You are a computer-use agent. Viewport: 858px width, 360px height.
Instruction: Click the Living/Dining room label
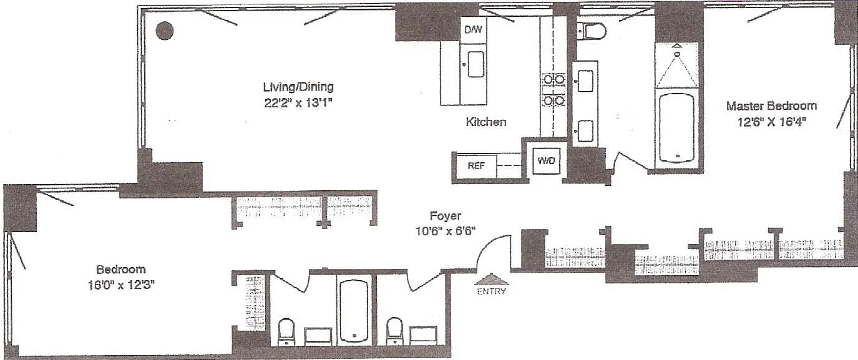(x=298, y=87)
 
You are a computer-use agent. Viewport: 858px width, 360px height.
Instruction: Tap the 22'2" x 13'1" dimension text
(x=298, y=103)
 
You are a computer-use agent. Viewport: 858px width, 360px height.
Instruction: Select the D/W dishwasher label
(x=473, y=29)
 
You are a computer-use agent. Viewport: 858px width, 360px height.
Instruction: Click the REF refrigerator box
(x=477, y=166)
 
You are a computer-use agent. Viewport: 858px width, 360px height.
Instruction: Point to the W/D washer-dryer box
(x=546, y=160)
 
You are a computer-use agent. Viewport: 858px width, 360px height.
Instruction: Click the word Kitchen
(x=485, y=122)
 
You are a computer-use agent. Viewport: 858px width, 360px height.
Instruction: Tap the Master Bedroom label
(x=771, y=105)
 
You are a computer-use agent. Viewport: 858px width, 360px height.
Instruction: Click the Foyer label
(x=446, y=216)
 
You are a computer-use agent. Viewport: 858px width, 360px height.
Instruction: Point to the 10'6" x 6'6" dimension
(x=446, y=231)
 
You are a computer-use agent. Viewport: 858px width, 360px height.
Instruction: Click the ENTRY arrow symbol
(x=492, y=279)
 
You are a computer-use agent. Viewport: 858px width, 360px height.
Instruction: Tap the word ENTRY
(x=492, y=291)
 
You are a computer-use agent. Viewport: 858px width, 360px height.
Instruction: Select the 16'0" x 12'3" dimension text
(x=121, y=285)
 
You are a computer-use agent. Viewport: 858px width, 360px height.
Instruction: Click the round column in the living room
(x=165, y=31)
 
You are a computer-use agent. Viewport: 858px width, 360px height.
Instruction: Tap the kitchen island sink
(x=476, y=64)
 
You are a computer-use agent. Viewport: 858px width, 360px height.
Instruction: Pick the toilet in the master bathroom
(x=592, y=31)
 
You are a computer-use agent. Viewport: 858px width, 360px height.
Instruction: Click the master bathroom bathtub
(x=676, y=127)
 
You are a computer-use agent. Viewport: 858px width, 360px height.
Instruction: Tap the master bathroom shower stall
(x=677, y=66)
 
